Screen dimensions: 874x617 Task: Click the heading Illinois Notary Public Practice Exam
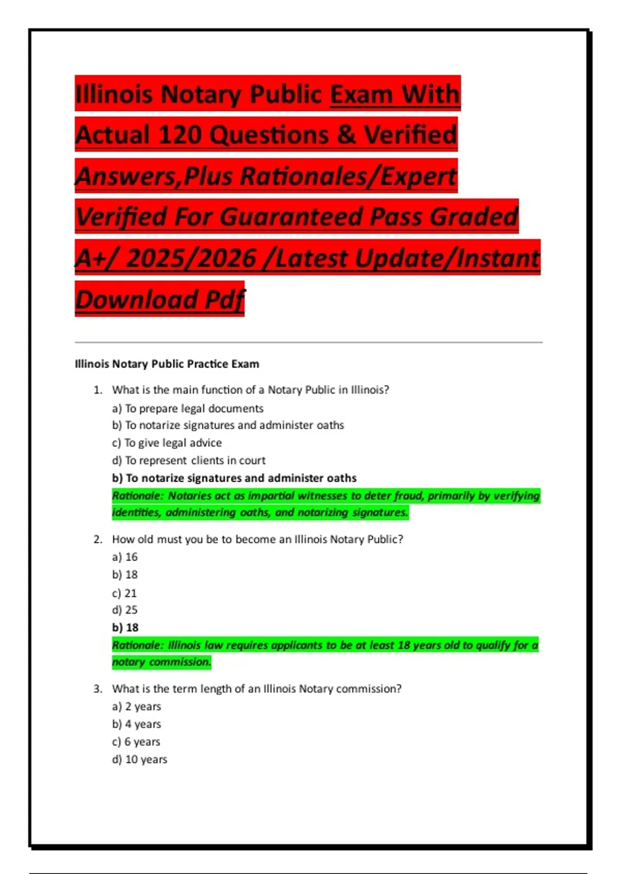[167, 364]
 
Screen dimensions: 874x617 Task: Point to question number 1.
[98, 390]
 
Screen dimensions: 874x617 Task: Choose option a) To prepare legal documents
[188, 409]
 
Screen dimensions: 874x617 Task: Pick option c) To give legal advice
[167, 443]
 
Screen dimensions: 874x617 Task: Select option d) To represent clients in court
[189, 461]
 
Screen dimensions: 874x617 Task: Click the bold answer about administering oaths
[234, 478]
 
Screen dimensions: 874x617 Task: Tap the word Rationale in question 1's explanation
[137, 496]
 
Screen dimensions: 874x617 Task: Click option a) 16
[125, 557]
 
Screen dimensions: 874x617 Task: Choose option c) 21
[124, 593]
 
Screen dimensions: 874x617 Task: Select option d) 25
[125, 610]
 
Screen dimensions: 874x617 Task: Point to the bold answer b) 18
[125, 628]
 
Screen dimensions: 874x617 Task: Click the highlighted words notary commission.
[161, 662]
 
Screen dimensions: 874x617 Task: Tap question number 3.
[98, 689]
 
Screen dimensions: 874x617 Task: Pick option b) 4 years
[137, 724]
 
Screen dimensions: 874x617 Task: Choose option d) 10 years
[140, 760]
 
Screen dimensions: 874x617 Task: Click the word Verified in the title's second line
[410, 135]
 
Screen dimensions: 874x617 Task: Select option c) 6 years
[136, 742]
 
